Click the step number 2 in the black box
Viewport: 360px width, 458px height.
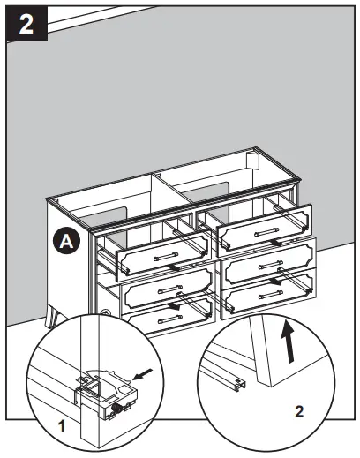(27, 23)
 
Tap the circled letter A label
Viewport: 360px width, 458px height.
(64, 239)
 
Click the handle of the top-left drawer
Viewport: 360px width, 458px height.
(164, 257)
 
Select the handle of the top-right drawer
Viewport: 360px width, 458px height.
(265, 232)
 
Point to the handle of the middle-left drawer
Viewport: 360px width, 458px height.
(168, 289)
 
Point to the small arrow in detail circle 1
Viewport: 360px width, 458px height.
(144, 377)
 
